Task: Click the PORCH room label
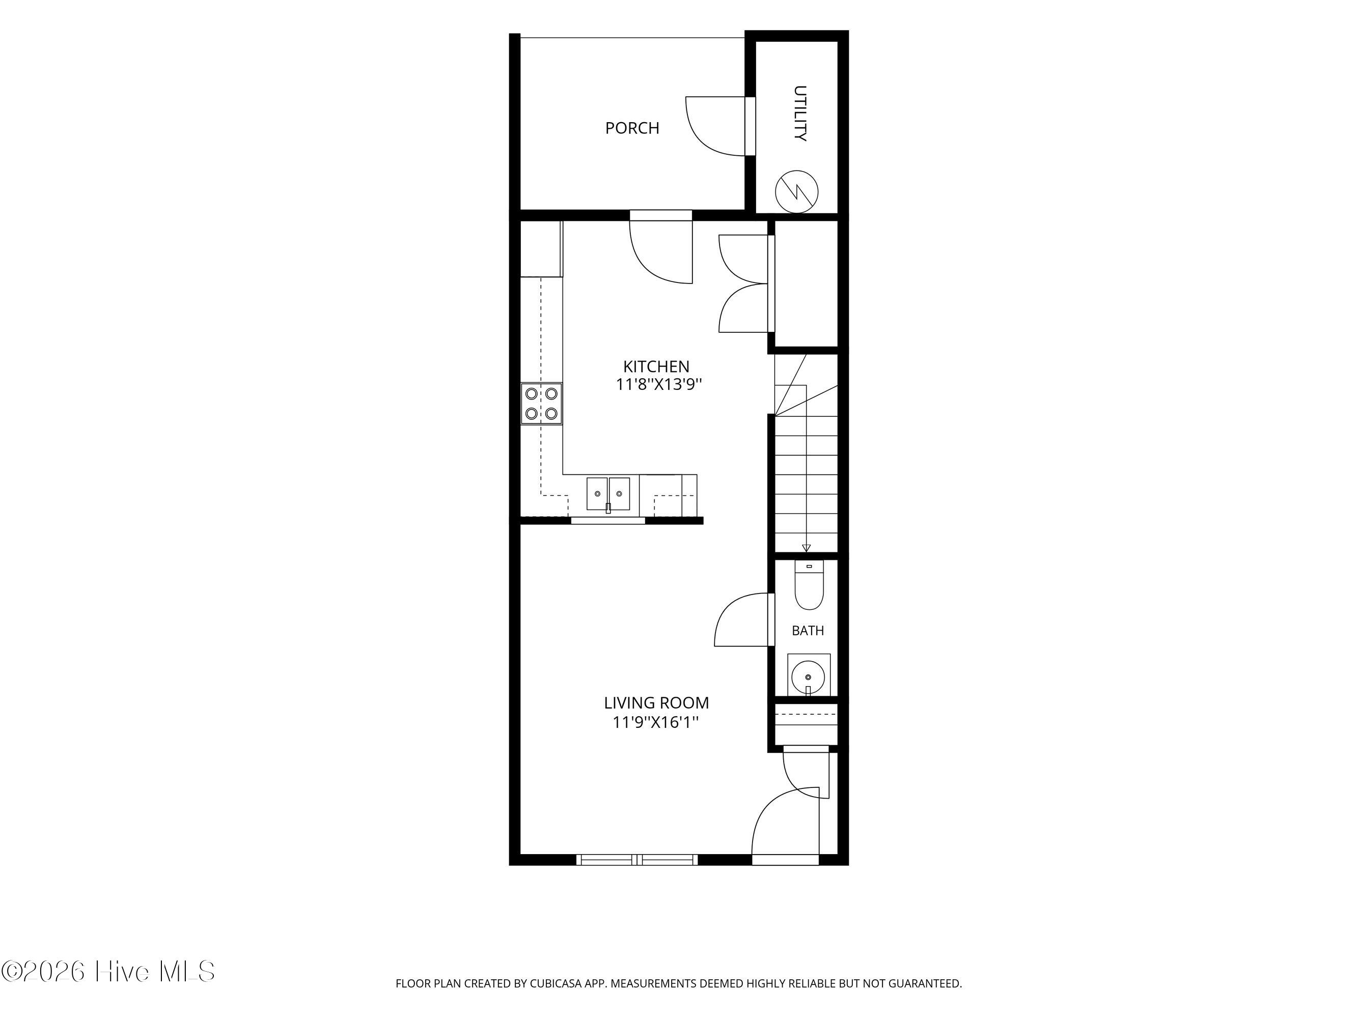[x=632, y=128]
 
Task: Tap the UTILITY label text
[x=800, y=114]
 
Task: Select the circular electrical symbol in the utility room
[x=797, y=191]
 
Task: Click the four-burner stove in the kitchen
[x=541, y=403]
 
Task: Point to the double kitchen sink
[x=608, y=494]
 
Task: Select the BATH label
[x=808, y=630]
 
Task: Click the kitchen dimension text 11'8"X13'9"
[x=659, y=385]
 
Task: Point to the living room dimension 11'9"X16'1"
[x=656, y=722]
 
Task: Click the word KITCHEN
[x=656, y=366]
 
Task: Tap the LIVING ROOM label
[x=656, y=702]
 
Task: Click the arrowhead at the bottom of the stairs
[x=806, y=548]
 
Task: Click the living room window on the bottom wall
[x=638, y=860]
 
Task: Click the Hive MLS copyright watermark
[x=108, y=971]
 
